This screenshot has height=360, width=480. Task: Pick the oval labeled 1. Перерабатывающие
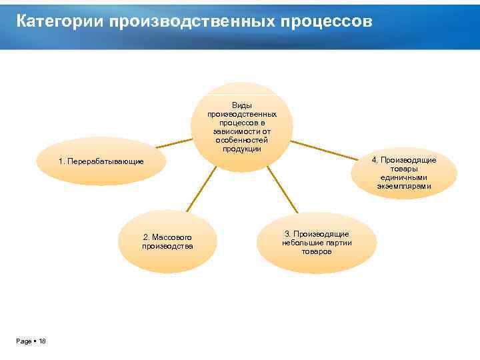100,162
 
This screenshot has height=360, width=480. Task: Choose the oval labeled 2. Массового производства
167,241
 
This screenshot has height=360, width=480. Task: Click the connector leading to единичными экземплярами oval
327,149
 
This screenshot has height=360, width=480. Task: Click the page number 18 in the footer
42,341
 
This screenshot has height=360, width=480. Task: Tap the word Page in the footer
24,341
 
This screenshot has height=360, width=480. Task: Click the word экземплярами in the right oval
404,187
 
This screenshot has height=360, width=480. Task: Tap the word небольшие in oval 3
301,243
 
